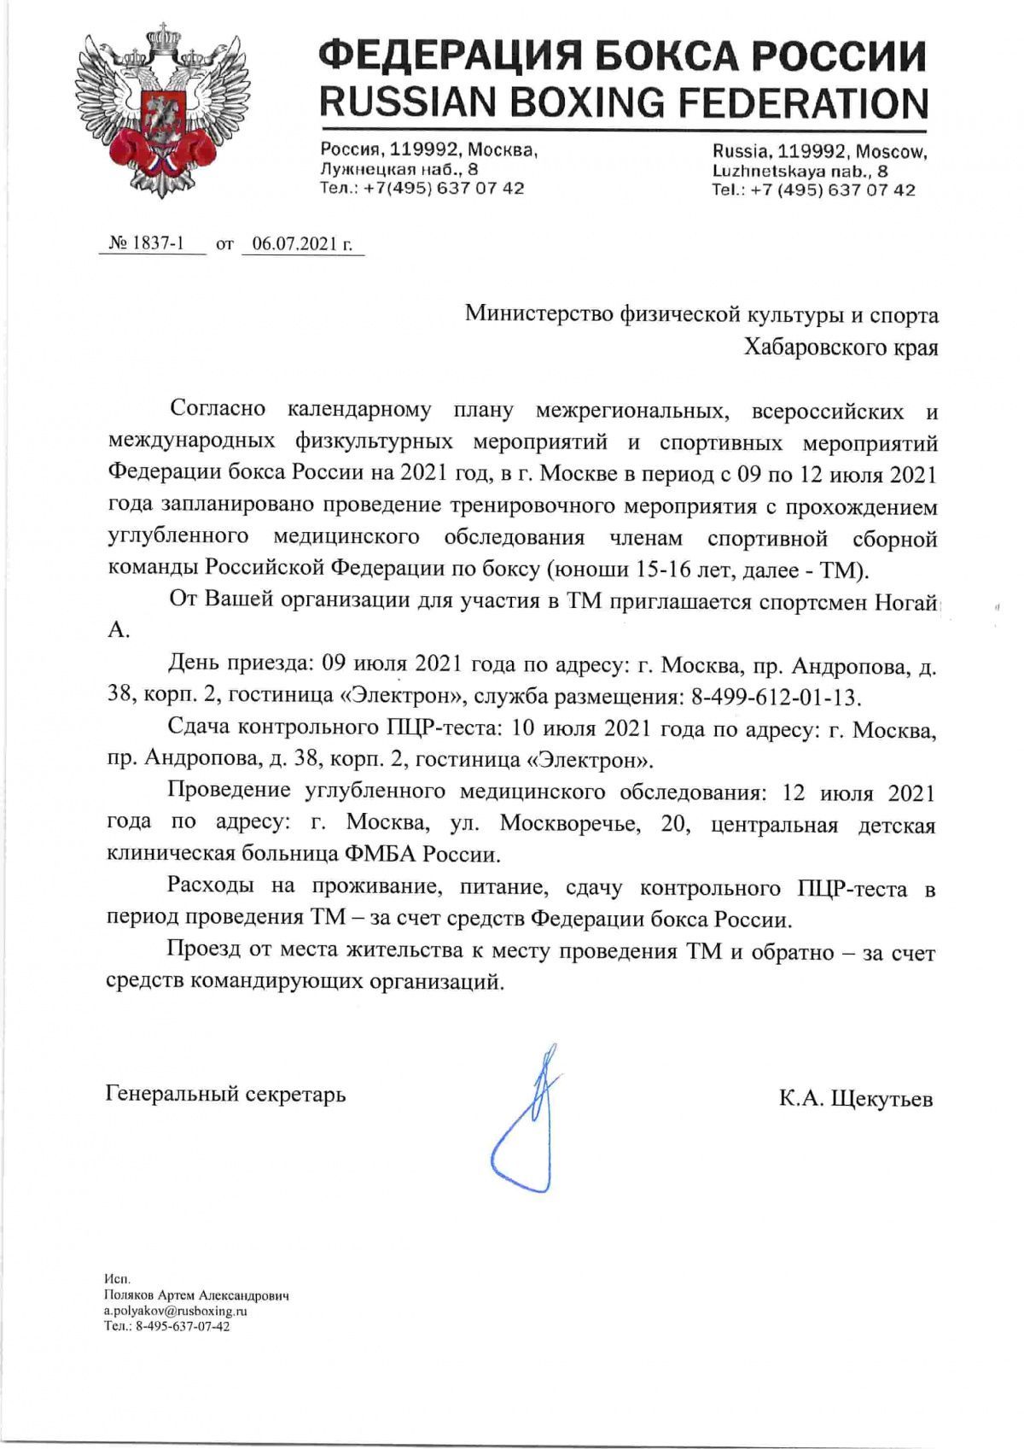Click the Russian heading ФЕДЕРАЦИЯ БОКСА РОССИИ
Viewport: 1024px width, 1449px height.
click(622, 57)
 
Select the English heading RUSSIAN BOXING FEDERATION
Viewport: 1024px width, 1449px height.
click(623, 103)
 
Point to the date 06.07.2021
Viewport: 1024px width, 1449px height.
click(294, 243)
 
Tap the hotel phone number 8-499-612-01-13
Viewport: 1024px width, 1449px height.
click(774, 697)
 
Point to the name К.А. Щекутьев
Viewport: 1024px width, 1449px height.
click(855, 1098)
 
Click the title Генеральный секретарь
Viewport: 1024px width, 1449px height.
click(225, 1094)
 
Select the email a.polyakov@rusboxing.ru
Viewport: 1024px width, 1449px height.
click(175, 1310)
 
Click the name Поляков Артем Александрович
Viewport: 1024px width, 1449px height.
click(196, 1294)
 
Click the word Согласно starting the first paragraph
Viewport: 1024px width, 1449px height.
click(217, 409)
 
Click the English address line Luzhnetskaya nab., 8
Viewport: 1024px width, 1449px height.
click(800, 171)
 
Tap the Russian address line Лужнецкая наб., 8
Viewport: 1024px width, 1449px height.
click(399, 169)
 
